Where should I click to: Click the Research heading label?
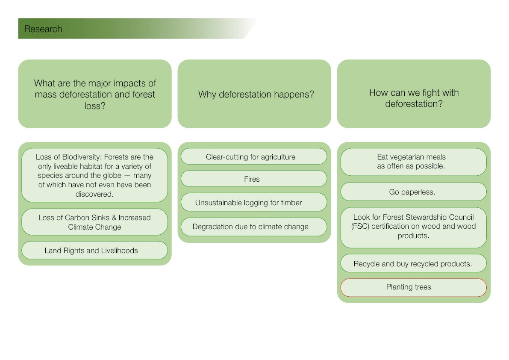click(x=43, y=29)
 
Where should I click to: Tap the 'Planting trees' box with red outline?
click(x=413, y=287)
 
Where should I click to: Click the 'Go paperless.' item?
click(x=413, y=192)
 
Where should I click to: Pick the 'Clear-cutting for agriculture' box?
click(x=254, y=156)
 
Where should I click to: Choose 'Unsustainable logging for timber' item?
click(x=254, y=203)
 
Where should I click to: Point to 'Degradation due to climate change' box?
click(x=254, y=227)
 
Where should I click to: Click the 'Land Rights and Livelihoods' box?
click(x=94, y=251)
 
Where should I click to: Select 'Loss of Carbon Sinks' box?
click(x=94, y=222)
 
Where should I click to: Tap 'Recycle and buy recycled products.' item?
click(x=413, y=264)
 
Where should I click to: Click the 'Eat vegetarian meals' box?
click(x=413, y=162)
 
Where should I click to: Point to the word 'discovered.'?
click(x=94, y=194)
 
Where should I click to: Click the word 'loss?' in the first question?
click(x=94, y=106)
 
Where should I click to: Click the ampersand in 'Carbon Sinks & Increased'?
click(x=114, y=218)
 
